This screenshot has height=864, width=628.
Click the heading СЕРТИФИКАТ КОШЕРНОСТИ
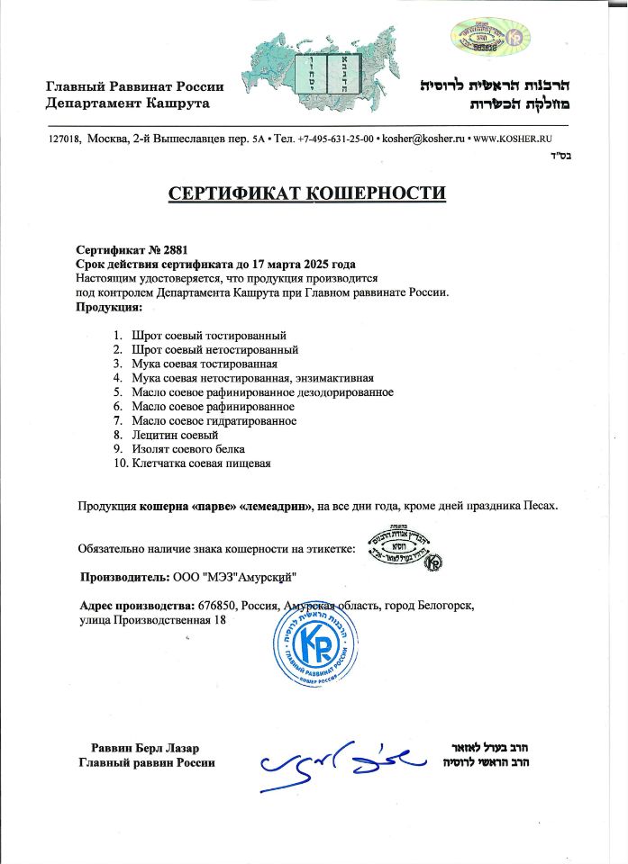coord(307,193)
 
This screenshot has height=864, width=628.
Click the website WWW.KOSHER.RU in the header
coord(512,139)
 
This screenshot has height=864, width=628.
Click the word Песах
coord(538,506)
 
